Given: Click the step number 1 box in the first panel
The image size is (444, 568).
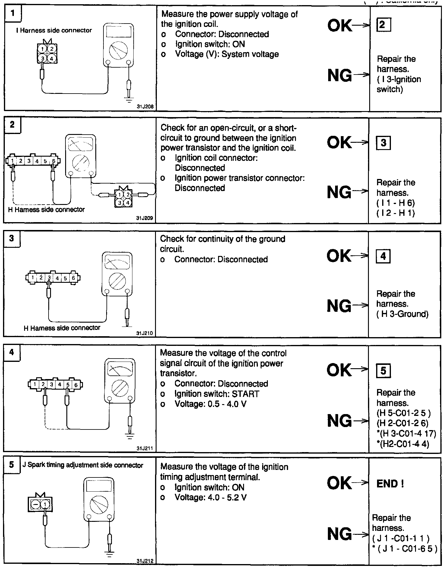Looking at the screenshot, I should point(13,13).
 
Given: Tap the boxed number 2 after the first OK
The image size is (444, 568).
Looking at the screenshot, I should point(383,25).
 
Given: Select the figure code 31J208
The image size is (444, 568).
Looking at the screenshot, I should point(145,107).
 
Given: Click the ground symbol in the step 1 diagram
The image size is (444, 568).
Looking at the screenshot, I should point(129,98).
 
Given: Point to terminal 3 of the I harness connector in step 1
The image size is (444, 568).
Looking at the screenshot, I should point(43,59).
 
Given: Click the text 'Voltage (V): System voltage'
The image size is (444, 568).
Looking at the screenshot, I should point(227,54).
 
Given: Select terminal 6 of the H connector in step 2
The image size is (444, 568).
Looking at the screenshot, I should point(54,161).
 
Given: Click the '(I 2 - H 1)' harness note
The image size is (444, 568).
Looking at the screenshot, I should point(395,213).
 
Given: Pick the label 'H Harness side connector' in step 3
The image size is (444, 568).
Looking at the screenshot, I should point(62,328).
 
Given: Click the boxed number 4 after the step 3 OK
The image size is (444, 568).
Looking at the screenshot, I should point(383,256).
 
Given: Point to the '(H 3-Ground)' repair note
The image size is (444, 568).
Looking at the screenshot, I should point(402,314).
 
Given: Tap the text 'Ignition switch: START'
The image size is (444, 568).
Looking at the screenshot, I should point(217,394).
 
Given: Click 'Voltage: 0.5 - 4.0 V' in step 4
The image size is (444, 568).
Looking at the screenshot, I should point(211,404).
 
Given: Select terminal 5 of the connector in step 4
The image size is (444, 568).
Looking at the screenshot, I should point(68,385).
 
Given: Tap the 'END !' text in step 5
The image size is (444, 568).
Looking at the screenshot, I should point(390,484).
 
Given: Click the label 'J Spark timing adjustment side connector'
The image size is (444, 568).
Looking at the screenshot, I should point(82,465).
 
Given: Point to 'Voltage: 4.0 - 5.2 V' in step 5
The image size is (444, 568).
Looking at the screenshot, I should point(211,497).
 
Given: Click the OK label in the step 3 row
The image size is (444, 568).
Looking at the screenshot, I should point(339,256).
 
